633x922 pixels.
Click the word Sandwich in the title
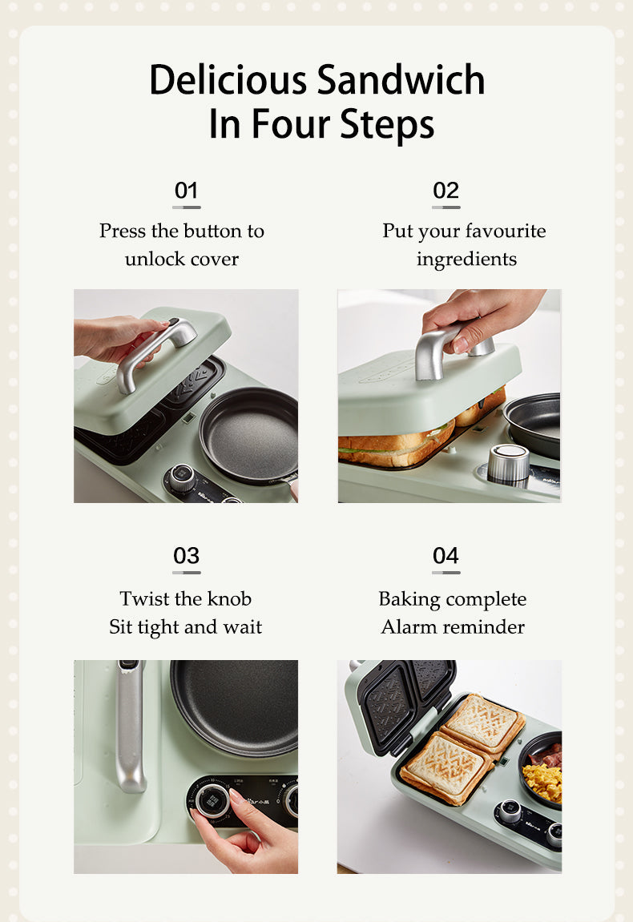coord(401,81)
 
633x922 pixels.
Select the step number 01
coord(186,191)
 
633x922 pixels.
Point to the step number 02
coord(446,191)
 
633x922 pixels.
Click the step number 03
coord(186,556)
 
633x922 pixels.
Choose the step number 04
coord(446,556)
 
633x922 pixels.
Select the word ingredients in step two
coord(466,259)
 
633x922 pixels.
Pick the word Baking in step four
coord(409,599)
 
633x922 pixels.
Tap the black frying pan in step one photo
coord(249,433)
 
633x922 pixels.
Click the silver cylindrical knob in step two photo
coord(508,463)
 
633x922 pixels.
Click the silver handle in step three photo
coord(130,725)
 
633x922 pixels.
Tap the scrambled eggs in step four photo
coord(543,780)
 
